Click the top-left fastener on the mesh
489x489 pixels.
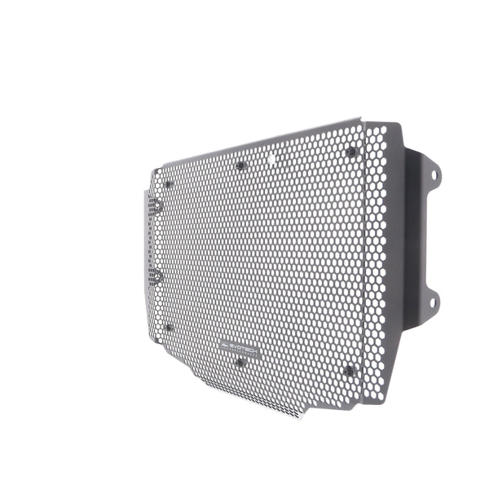(x=168, y=184)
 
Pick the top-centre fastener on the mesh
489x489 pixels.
(x=240, y=165)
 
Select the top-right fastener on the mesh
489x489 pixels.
(x=351, y=152)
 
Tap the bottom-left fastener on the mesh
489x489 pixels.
(x=168, y=328)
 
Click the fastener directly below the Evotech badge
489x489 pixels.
(x=239, y=362)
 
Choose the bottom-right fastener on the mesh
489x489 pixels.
(x=350, y=371)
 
